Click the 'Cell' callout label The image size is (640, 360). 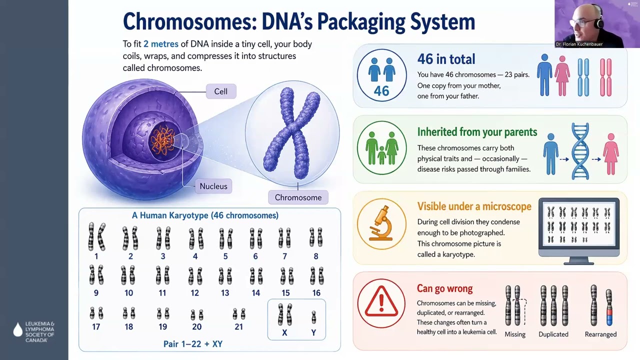pos(220,91)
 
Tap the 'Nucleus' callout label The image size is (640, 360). pos(213,186)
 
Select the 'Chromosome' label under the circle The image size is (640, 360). pos(298,197)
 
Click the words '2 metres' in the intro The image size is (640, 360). pos(161,44)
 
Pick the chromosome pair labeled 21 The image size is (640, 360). pos(239,314)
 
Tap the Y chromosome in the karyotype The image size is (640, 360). pos(313,317)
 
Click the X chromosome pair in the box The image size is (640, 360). pos(284,314)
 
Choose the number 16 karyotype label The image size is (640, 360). pos(316,293)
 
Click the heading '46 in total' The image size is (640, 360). pos(446,59)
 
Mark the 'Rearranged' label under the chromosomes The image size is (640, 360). pos(600,334)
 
